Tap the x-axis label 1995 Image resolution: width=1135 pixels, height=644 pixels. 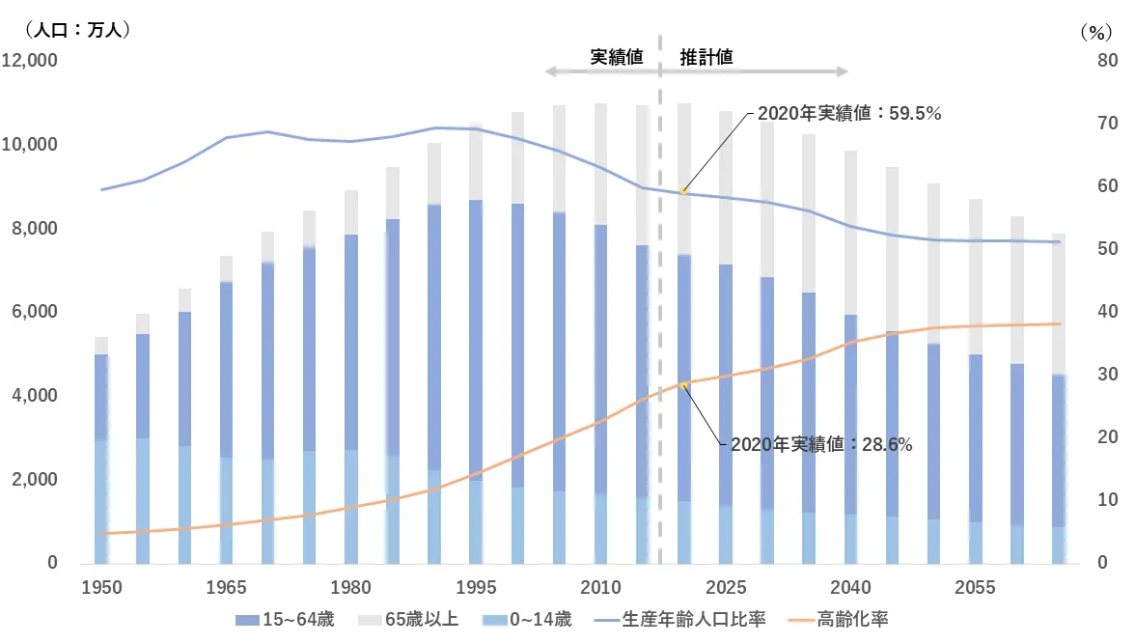(x=475, y=588)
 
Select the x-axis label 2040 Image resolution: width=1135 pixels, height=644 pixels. (x=850, y=588)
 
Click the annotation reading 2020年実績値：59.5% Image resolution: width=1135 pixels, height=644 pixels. (x=848, y=113)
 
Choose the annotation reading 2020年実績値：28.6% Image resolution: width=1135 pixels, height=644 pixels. (x=821, y=445)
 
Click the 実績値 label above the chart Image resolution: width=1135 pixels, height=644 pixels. (x=617, y=56)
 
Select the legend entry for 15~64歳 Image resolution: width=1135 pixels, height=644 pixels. (x=285, y=619)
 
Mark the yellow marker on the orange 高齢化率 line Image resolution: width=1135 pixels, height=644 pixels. (x=683, y=385)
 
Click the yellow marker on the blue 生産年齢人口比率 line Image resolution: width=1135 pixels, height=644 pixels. (x=683, y=191)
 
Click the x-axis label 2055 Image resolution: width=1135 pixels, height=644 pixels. (x=975, y=588)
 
